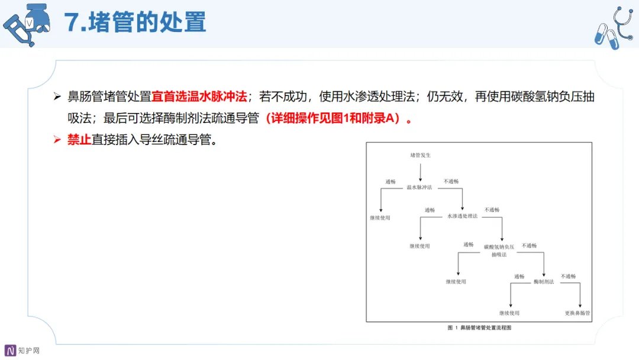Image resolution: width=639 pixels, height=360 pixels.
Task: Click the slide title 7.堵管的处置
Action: (x=135, y=22)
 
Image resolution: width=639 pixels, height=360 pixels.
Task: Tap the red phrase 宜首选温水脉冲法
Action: (x=199, y=97)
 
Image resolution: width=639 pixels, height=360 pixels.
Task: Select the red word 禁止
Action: (x=79, y=141)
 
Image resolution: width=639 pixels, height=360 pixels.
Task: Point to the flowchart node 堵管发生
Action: (x=420, y=155)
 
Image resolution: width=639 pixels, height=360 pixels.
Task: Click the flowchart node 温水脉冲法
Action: (x=419, y=188)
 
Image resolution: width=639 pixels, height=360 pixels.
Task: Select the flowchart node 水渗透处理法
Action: (x=462, y=216)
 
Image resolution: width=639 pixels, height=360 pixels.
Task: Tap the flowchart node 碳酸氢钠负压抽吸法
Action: (x=499, y=250)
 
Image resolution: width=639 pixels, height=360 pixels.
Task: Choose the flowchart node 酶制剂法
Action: (x=543, y=281)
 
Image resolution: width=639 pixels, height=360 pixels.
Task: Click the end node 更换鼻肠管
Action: (x=578, y=313)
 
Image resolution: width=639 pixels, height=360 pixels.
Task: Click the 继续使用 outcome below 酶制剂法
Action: (x=509, y=313)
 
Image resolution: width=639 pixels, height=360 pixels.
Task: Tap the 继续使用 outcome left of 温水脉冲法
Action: (x=380, y=218)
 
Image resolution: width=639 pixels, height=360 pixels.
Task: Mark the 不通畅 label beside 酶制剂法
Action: (x=568, y=277)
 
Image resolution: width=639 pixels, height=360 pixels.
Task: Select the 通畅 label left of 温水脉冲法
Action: (x=390, y=182)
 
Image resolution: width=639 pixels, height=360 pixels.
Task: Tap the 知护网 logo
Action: (x=22, y=351)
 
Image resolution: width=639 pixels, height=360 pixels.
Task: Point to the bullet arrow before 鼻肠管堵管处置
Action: (x=57, y=97)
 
